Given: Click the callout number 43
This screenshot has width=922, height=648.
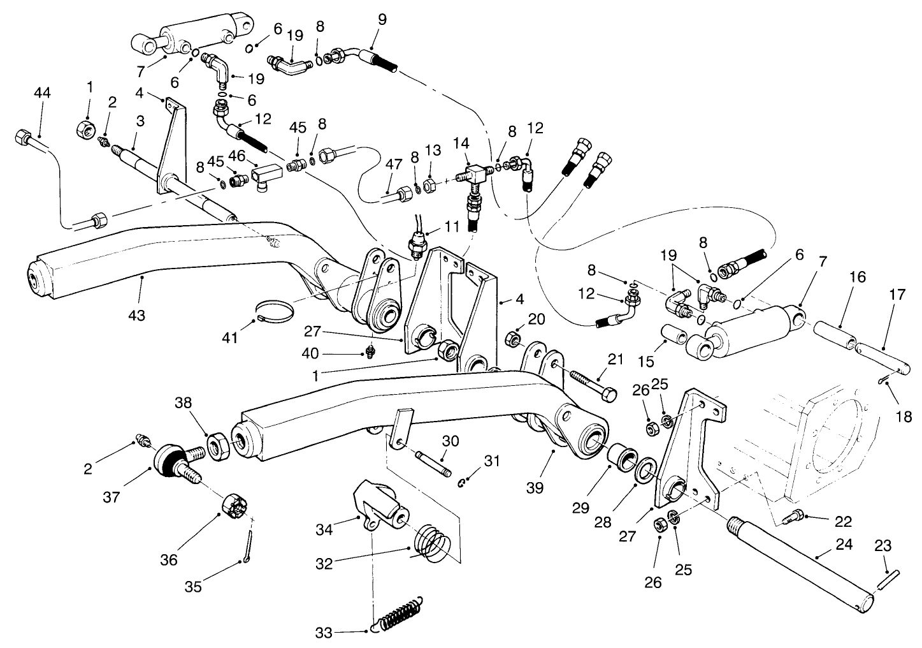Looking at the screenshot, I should pos(137,315).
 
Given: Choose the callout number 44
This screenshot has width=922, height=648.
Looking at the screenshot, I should pos(42,92).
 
